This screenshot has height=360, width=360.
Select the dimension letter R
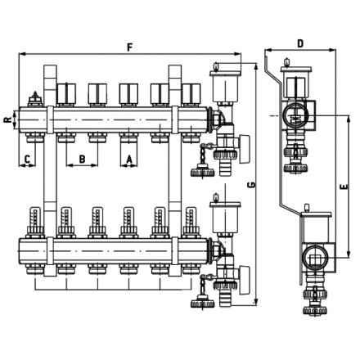(7, 119)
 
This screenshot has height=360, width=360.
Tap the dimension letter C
(27, 157)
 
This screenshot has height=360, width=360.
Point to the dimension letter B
(81, 157)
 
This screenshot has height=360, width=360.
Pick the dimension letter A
(128, 157)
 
